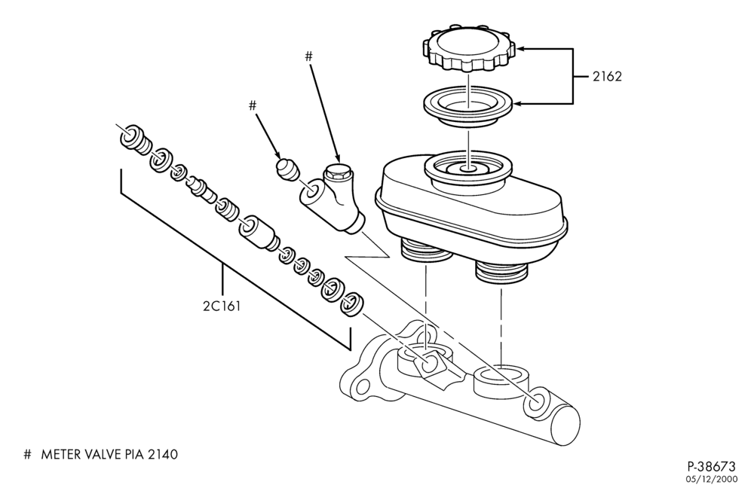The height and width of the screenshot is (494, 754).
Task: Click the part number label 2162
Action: (x=607, y=76)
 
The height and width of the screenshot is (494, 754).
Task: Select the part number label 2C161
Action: (x=222, y=306)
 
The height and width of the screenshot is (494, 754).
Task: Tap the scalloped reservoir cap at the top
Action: (x=469, y=48)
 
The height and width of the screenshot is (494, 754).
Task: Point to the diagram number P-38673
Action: (x=711, y=466)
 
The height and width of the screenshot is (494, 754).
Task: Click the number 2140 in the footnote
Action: (x=163, y=454)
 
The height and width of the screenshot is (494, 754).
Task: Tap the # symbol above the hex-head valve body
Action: (x=308, y=56)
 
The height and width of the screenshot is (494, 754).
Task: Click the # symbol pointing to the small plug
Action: (x=253, y=105)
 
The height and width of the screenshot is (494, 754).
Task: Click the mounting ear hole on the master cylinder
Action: (x=362, y=386)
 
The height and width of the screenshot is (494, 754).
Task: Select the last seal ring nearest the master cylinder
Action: (x=351, y=304)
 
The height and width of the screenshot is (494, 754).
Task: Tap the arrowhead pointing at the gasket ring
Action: (x=519, y=103)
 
